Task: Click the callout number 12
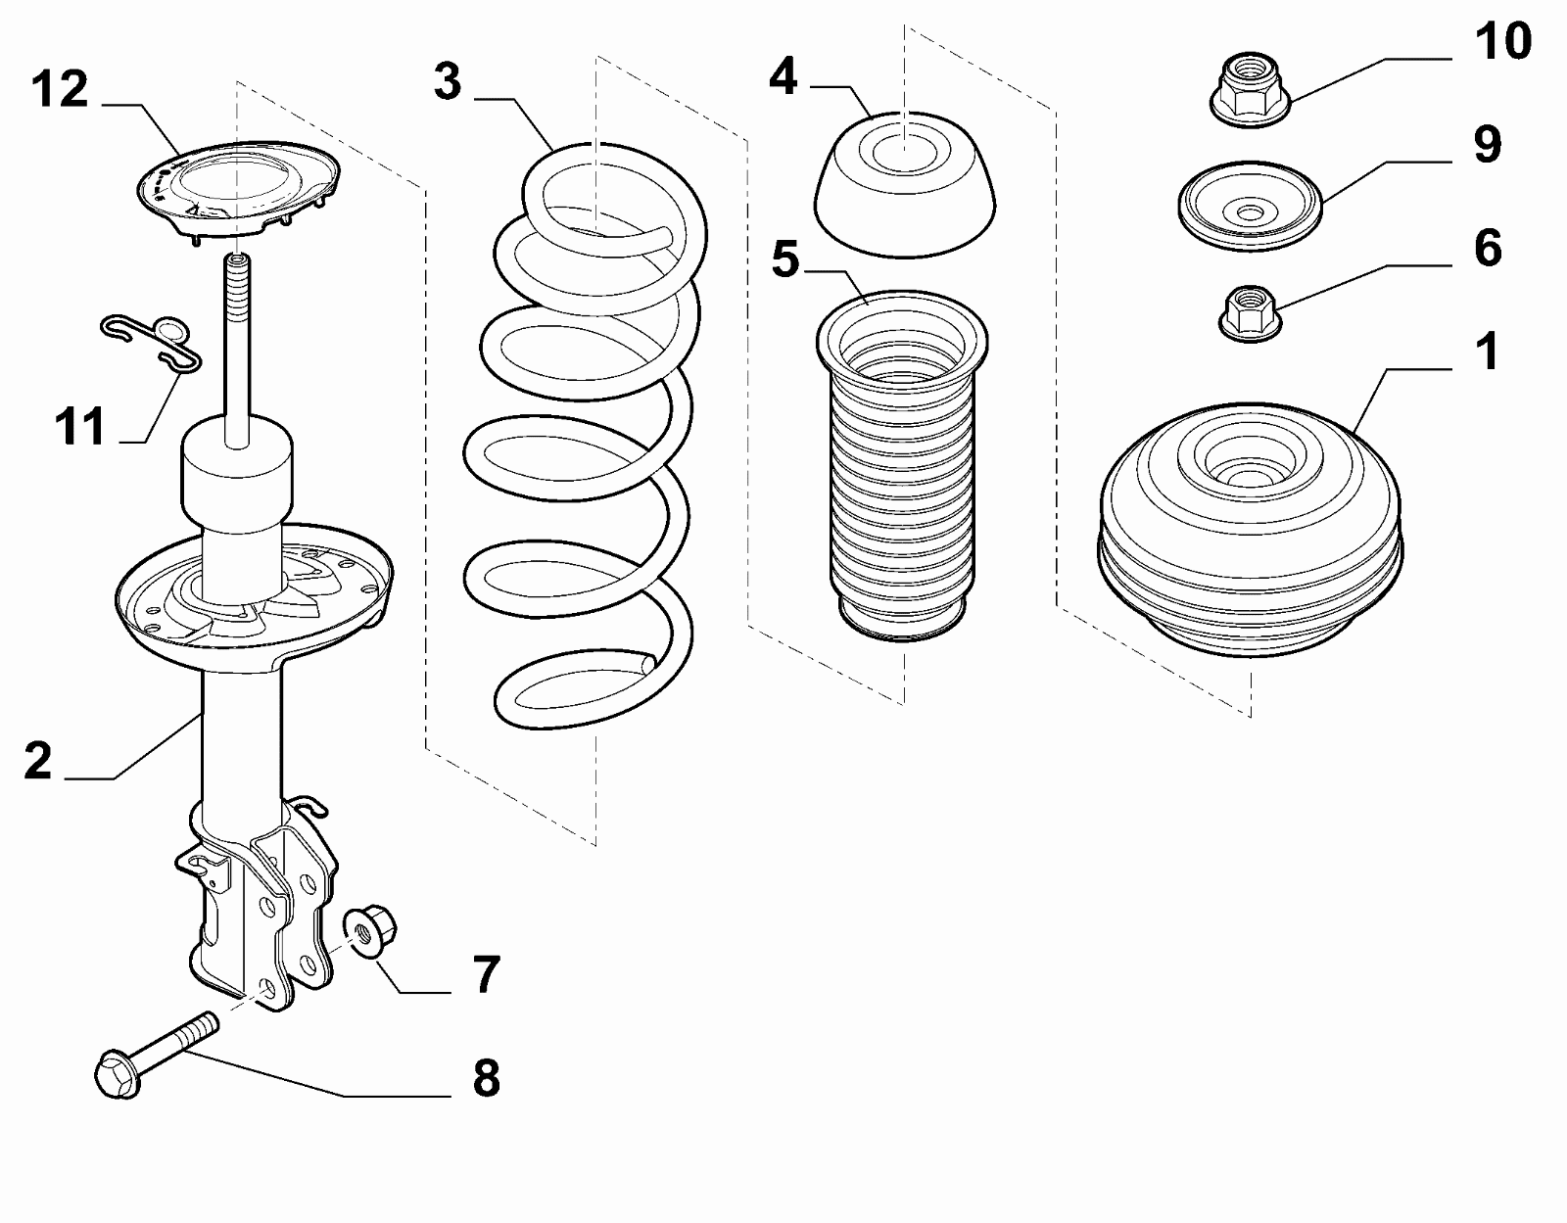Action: point(60,89)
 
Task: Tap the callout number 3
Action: point(448,82)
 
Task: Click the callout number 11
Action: point(80,427)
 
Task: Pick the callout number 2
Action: point(37,761)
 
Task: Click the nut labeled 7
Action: point(371,930)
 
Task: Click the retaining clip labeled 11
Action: point(157,340)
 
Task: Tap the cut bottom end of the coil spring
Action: point(646,664)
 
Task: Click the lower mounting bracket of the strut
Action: point(264,911)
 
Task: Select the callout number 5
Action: point(784,259)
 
